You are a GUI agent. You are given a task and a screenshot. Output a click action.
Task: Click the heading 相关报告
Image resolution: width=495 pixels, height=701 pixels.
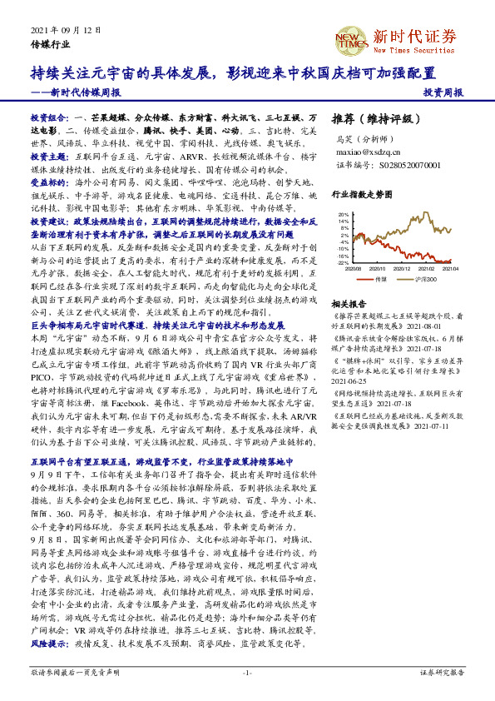click(x=349, y=304)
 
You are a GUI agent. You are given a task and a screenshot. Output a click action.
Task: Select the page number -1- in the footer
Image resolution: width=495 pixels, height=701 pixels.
click(x=247, y=673)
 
